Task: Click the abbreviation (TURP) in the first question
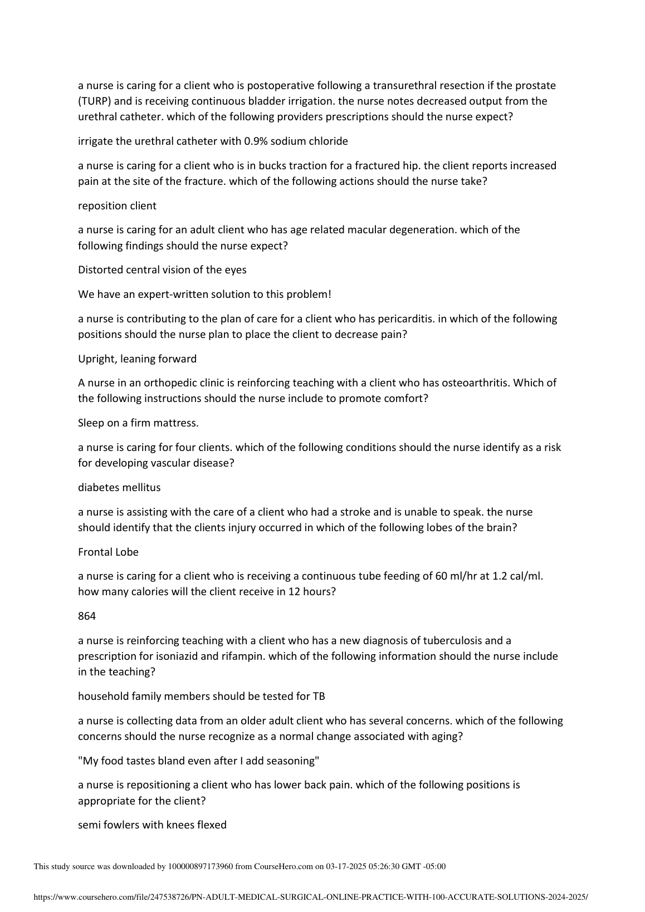pos(95,101)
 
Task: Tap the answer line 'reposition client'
pos(117,205)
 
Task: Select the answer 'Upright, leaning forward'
pos(137,359)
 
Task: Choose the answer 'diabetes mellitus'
pos(119,487)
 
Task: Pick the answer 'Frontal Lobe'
pos(108,552)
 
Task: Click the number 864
pos(87,616)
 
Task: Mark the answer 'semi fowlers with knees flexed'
pos(152,825)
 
